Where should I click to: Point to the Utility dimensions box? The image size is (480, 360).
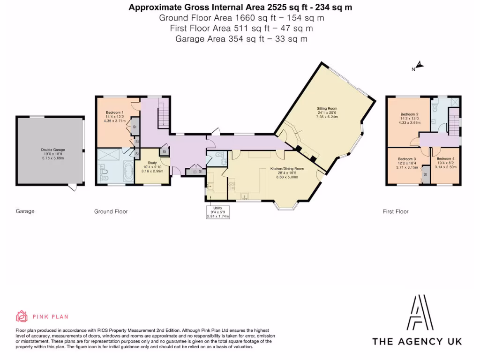(x=217, y=212)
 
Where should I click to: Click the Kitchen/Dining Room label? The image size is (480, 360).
(x=287, y=168)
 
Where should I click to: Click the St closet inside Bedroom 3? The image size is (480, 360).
(x=425, y=174)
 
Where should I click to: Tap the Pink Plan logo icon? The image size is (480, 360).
(x=22, y=317)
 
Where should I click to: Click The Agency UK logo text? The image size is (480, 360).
(x=417, y=341)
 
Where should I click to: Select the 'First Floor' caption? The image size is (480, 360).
(x=395, y=211)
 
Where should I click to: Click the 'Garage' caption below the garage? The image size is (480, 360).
(x=25, y=211)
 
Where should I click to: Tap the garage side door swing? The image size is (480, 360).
(x=72, y=188)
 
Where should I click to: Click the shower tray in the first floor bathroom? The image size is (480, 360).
(x=454, y=102)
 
